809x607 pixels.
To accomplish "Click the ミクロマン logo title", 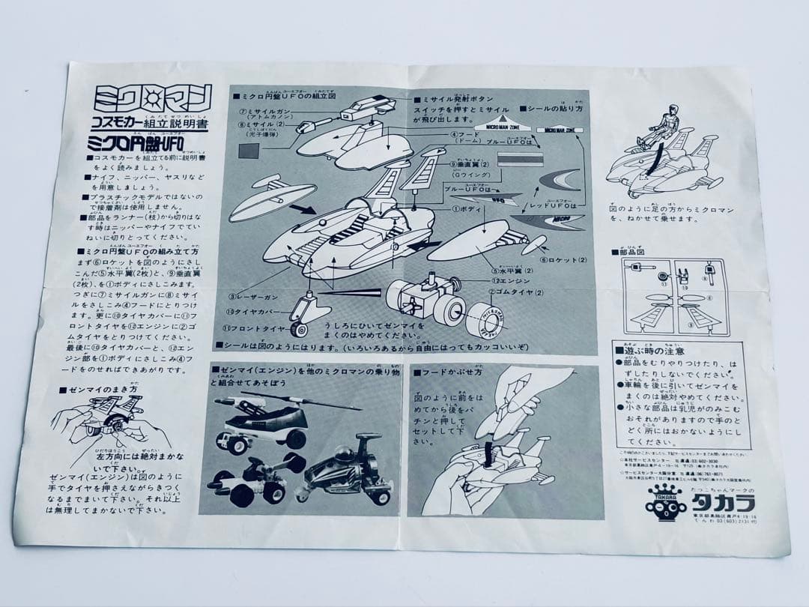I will (153, 98).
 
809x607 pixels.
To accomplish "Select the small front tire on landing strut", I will (299, 328).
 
